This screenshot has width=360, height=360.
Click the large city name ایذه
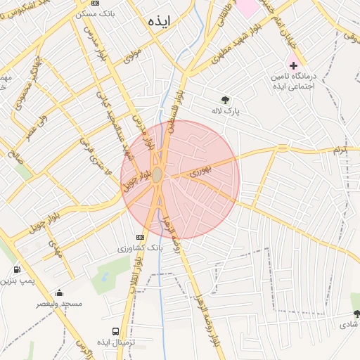[x=160, y=21]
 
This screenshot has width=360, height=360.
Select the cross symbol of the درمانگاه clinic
[x=293, y=65]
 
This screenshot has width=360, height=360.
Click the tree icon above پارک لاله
[x=225, y=99]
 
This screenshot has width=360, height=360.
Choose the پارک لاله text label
[x=228, y=110]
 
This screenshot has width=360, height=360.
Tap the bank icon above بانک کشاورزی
[x=140, y=236]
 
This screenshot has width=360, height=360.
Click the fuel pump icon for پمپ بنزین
[x=16, y=269]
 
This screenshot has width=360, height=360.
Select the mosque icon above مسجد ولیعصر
[x=59, y=292]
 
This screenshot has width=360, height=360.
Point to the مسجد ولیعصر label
[x=60, y=304]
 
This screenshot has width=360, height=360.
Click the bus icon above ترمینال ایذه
[x=115, y=331]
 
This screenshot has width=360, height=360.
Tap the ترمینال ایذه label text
[x=115, y=342]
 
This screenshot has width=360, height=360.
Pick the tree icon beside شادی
[x=356, y=314]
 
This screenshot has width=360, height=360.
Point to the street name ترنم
[x=340, y=150]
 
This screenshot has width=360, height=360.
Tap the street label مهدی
[x=55, y=250]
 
